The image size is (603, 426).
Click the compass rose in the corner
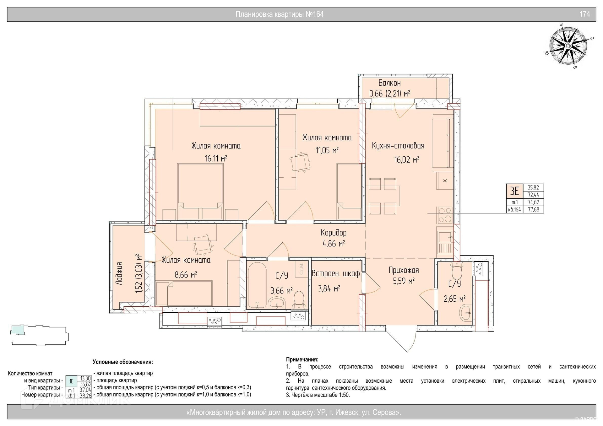[568, 46]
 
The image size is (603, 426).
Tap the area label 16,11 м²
[216, 159]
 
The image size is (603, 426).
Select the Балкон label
[389, 83]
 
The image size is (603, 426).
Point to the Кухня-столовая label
[398, 146]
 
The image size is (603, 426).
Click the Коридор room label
[334, 233]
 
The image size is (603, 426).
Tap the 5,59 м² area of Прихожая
[404, 281]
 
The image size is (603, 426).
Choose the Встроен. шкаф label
[335, 274]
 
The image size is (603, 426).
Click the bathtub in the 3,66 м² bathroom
[257, 285]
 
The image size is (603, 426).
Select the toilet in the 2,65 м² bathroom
[456, 271]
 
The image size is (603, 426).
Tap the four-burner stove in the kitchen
[445, 215]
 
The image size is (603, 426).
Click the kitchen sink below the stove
[445, 242]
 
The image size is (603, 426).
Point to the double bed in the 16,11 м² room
[200, 191]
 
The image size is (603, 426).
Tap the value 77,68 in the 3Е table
[533, 210]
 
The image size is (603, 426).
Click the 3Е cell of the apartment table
[514, 191]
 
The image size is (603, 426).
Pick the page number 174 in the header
[584, 14]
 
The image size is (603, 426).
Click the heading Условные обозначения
[123, 362]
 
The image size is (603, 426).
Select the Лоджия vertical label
[119, 273]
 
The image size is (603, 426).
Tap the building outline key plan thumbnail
[39, 335]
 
